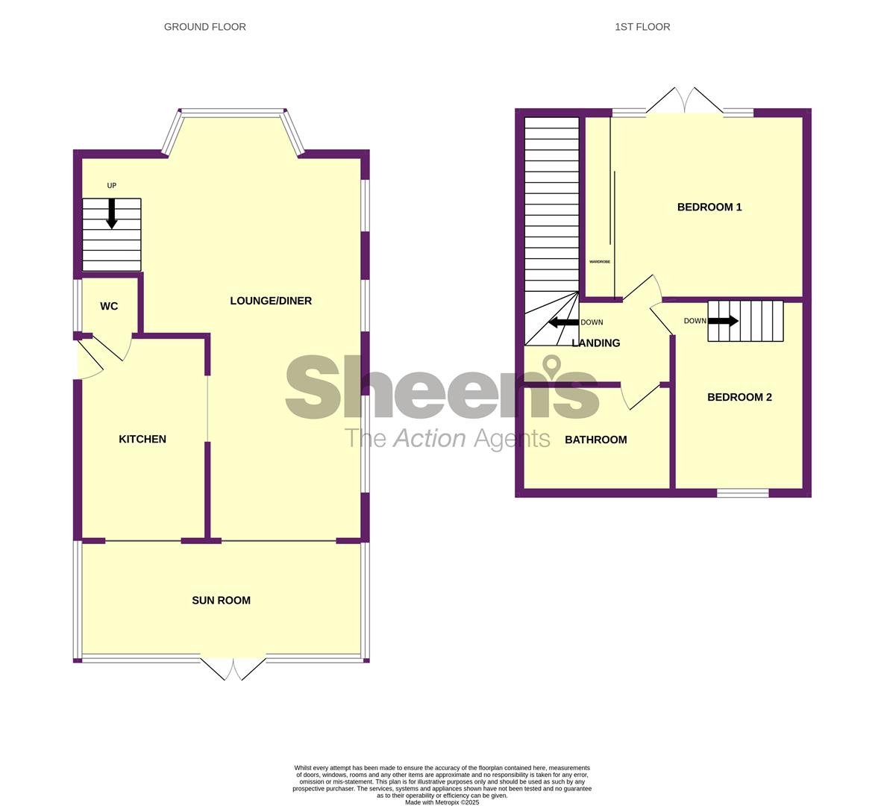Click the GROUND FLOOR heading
click(204, 27)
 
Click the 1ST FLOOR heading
click(642, 27)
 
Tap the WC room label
click(109, 306)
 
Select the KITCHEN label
click(142, 439)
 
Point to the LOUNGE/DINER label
click(271, 301)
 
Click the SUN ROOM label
click(221, 600)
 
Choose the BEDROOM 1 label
click(709, 207)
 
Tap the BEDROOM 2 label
click(739, 397)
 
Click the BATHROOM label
click(596, 440)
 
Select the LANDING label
click(596, 343)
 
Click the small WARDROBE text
click(599, 262)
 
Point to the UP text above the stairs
click(112, 186)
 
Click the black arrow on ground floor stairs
click(112, 214)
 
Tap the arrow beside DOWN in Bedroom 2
click(724, 321)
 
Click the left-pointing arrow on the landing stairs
click(563, 322)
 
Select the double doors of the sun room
click(233, 668)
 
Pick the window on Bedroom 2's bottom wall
click(743, 493)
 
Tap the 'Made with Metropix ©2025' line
click(442, 802)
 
